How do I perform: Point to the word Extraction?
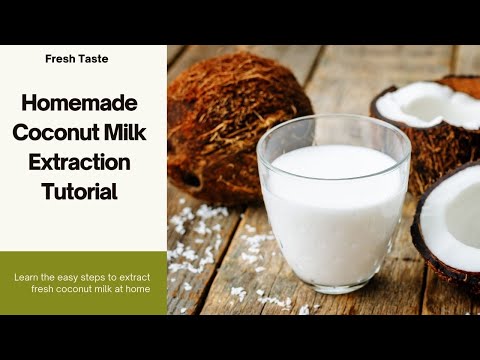pyautogui.click(x=84, y=162)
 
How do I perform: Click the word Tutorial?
pyautogui.click(x=84, y=191)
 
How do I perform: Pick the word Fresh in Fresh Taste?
pyautogui.click(x=62, y=59)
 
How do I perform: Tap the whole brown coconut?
pyautogui.click(x=235, y=120)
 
